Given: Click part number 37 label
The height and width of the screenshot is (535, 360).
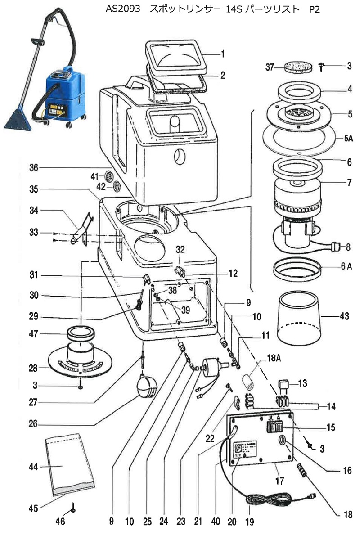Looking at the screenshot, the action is tap(270, 67).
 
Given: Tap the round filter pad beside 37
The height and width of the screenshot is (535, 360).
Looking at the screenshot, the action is tap(297, 66).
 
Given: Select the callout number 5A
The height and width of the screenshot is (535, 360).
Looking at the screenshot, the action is tap(348, 138).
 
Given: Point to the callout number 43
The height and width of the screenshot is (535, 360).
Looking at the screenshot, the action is tap(344, 316).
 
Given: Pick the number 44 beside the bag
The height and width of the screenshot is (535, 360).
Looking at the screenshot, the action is tap(33, 467).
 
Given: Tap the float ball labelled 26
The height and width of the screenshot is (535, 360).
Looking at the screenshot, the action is tap(147, 386).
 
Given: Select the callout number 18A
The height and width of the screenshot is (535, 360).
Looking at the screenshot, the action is tap(274, 358).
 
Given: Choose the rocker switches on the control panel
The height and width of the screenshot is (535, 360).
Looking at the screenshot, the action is tap(274, 427).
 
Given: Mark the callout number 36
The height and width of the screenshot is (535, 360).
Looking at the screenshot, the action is tap(33, 168).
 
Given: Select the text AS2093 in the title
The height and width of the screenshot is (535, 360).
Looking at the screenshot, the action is tap(123, 9).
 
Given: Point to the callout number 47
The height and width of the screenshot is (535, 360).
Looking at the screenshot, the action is tap(33, 333).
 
